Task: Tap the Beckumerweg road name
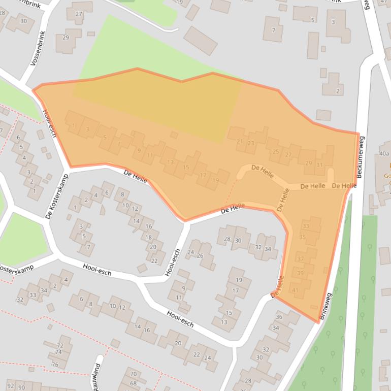click(x=361, y=157)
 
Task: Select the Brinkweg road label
click(x=325, y=306)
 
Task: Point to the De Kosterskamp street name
click(x=56, y=197)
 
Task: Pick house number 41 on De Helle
click(x=295, y=290)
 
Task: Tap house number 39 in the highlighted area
click(x=300, y=273)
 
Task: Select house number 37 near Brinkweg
click(x=300, y=259)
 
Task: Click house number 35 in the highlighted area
click(x=303, y=237)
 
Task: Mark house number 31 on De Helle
click(x=319, y=165)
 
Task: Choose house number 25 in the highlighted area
click(x=276, y=151)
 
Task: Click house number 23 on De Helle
click(x=250, y=143)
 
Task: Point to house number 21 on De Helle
click(x=240, y=141)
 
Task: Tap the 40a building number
click(x=384, y=153)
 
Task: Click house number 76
click(x=55, y=364)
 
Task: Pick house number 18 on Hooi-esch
click(x=149, y=237)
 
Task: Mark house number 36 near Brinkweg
click(x=278, y=317)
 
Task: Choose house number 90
click(x=21, y=387)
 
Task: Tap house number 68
click(x=133, y=383)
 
